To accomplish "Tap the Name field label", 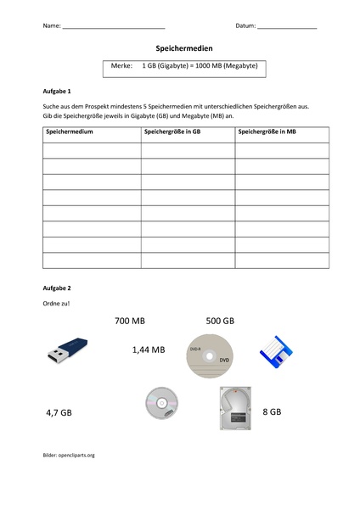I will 51,26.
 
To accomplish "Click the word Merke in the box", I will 122,66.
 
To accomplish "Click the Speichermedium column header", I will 70,132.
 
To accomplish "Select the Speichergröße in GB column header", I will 173,132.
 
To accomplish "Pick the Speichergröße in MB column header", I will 267,132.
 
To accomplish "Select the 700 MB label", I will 130,322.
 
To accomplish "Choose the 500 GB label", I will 220,322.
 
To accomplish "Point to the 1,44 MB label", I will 149,349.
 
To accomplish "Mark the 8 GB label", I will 272,411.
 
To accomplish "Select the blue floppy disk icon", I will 277,350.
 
